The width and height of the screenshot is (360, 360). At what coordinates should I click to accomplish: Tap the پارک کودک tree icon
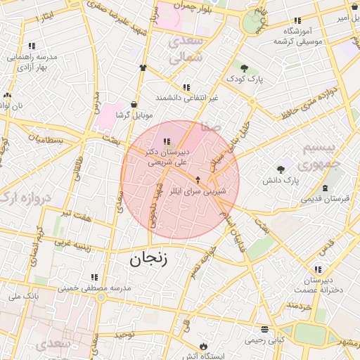pos(244,68)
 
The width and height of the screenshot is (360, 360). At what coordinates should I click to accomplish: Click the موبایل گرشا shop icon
pos(134,104)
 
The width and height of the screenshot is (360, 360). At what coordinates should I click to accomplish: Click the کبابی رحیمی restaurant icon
pos(264,329)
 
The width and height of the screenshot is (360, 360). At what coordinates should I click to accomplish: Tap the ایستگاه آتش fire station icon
pos(203,347)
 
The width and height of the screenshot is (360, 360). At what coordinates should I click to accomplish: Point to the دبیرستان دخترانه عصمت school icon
pos(319,269)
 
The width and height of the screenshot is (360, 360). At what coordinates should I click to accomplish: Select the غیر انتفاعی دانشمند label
pos(187,97)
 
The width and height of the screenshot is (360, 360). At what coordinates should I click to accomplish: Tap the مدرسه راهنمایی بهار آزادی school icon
pos(33,46)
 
